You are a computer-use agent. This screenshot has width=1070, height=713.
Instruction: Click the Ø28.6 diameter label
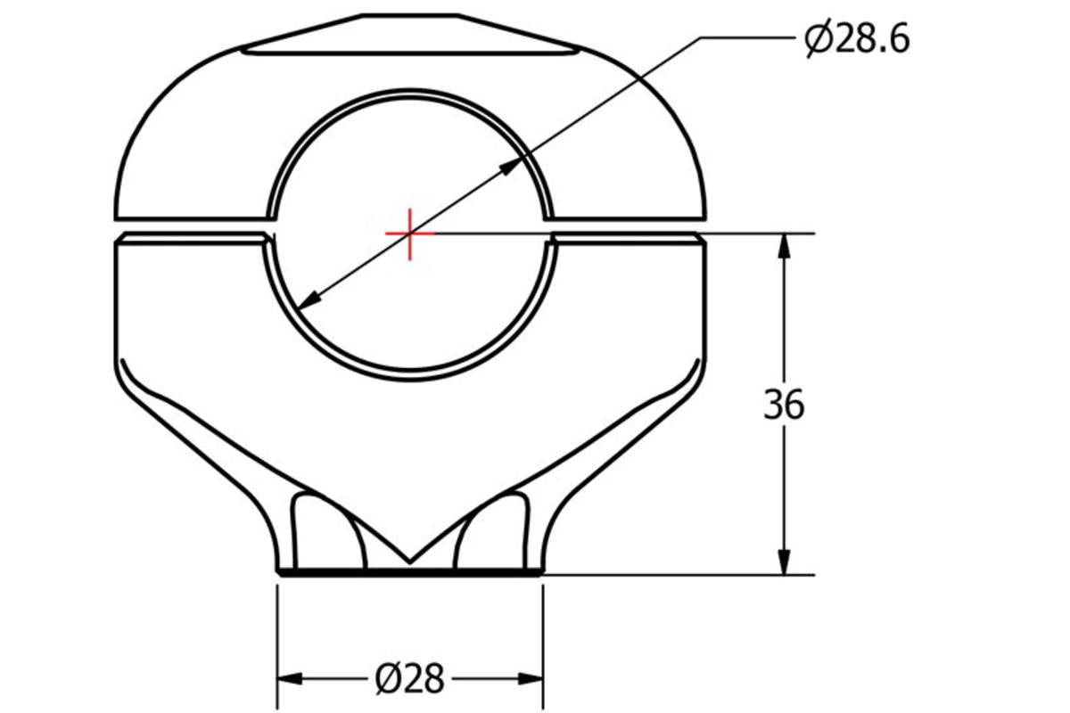[857, 40]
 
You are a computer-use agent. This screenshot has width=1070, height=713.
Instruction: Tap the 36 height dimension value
[784, 406]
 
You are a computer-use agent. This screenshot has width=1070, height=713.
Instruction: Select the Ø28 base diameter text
[409, 680]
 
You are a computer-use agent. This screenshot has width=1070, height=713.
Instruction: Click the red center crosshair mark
[409, 234]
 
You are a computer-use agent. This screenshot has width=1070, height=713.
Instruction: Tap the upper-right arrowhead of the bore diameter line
[512, 166]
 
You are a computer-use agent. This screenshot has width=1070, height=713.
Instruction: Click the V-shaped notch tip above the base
[409, 561]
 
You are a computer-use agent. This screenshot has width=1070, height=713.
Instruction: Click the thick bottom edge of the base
[409, 572]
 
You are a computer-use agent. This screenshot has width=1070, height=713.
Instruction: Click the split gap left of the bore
[192, 226]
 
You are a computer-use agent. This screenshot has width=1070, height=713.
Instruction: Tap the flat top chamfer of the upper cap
[410, 36]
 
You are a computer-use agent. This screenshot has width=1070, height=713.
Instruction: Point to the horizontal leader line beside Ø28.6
[749, 37]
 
